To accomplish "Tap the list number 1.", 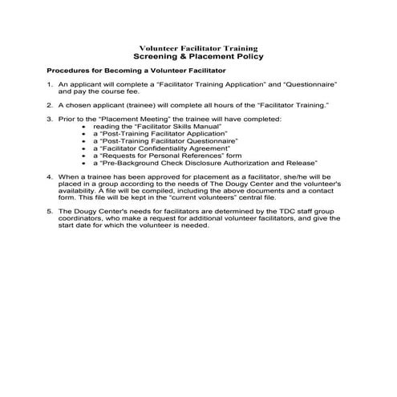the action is click(50, 84).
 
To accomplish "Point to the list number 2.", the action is click(50, 104).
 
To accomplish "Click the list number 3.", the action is click(50, 119).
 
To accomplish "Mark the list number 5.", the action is click(50, 211).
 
